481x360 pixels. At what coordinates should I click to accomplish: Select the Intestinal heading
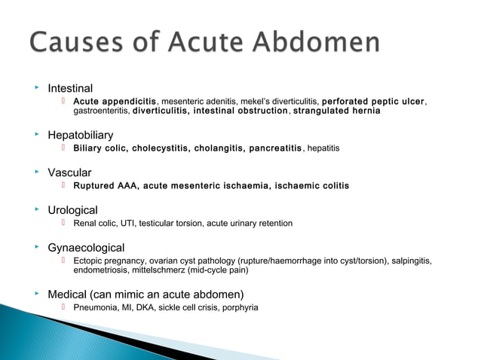coord(70,88)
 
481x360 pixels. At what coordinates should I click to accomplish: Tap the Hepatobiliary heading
coord(81,135)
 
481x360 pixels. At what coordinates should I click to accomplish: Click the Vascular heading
coord(70,172)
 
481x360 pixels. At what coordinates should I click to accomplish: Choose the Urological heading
coord(72,210)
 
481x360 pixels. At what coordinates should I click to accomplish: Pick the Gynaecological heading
coord(86,247)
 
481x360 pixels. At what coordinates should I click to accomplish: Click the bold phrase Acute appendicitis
coord(115,101)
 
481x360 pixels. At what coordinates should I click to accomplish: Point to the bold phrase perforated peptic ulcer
coord(372,101)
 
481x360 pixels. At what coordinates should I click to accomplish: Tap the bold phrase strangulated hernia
coord(336,111)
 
